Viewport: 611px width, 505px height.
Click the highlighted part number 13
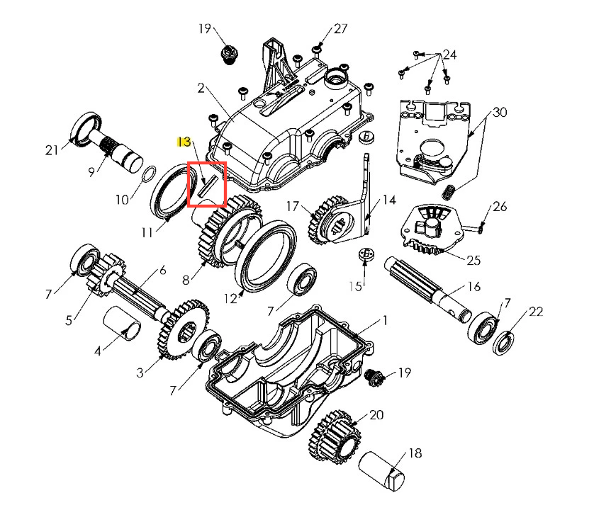pos(184,142)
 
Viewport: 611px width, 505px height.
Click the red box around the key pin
pos(206,184)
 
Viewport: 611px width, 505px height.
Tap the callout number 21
pos(52,150)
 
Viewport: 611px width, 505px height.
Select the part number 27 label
pos(340,29)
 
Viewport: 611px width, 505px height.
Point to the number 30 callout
pos(500,113)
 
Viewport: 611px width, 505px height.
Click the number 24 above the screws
pos(450,55)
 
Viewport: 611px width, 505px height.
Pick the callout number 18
pos(415,454)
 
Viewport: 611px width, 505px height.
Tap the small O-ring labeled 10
pos(149,174)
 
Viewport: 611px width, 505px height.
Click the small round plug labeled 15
pos(367,256)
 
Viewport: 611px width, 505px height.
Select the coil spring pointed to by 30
pos(447,191)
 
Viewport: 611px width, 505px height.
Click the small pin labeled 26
pos(478,228)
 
